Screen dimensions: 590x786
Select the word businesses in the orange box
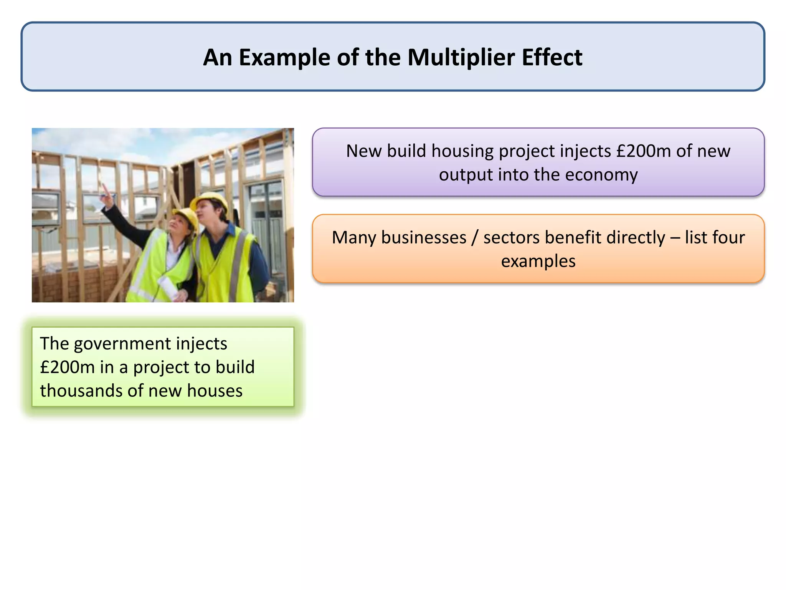click(424, 238)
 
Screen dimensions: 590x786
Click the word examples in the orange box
click(538, 262)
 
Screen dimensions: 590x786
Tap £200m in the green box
click(67, 367)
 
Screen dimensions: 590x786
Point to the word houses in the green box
click(215, 391)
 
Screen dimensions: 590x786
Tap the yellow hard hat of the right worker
click(211, 200)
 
